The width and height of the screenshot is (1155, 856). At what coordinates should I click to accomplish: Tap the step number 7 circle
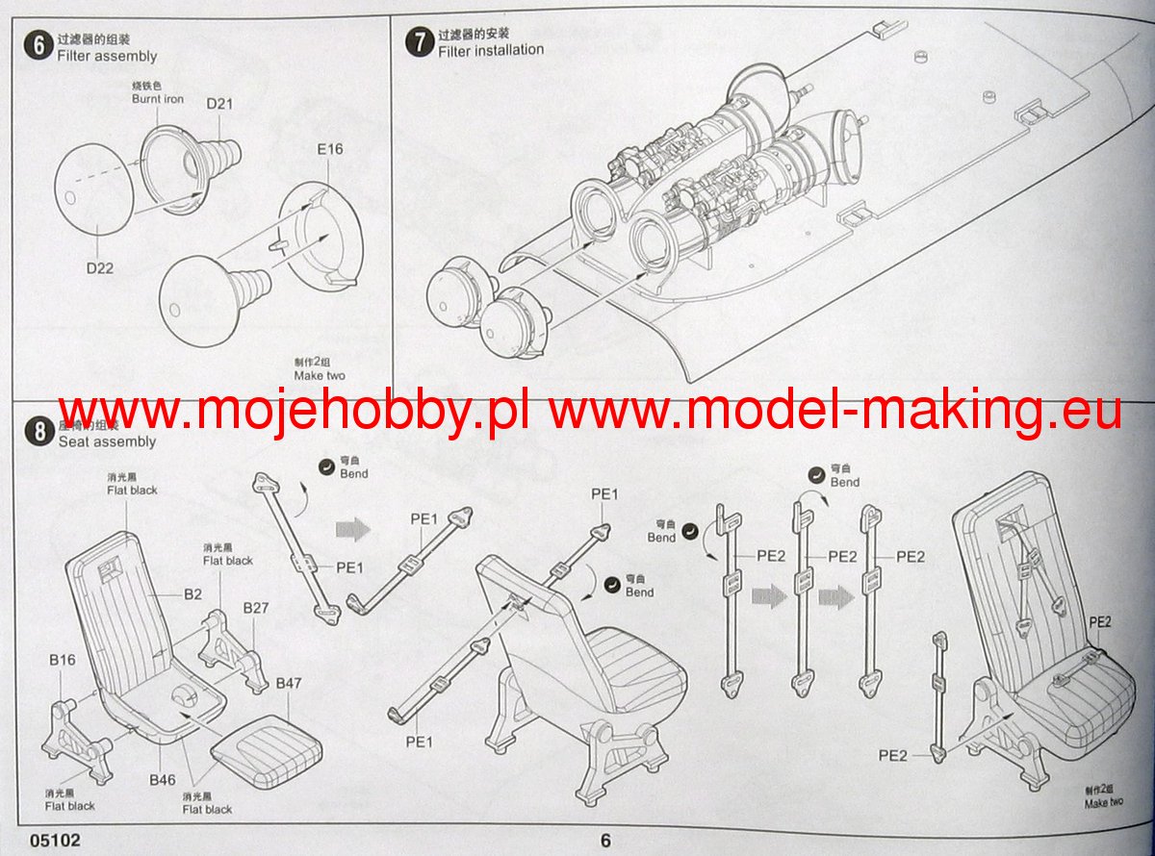point(418,42)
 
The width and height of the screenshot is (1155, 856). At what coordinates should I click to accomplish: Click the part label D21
point(219,104)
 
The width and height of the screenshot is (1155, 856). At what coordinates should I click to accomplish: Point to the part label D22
point(99,268)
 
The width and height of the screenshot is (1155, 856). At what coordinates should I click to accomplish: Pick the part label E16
point(329,149)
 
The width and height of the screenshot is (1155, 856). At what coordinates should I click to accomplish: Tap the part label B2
point(193,594)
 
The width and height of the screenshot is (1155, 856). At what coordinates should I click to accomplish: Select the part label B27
point(256,608)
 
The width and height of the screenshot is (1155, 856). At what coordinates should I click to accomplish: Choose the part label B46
point(162,779)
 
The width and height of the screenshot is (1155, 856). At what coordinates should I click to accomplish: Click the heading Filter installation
point(491,50)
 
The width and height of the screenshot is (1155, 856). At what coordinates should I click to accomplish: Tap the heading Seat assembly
point(107,441)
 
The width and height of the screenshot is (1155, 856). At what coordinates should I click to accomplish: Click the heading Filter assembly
point(107,57)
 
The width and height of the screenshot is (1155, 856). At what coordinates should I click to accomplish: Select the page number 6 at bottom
point(605,840)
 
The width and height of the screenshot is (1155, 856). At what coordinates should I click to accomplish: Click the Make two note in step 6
point(320,375)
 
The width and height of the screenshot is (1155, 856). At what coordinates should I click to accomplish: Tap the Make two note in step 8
point(1103,803)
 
